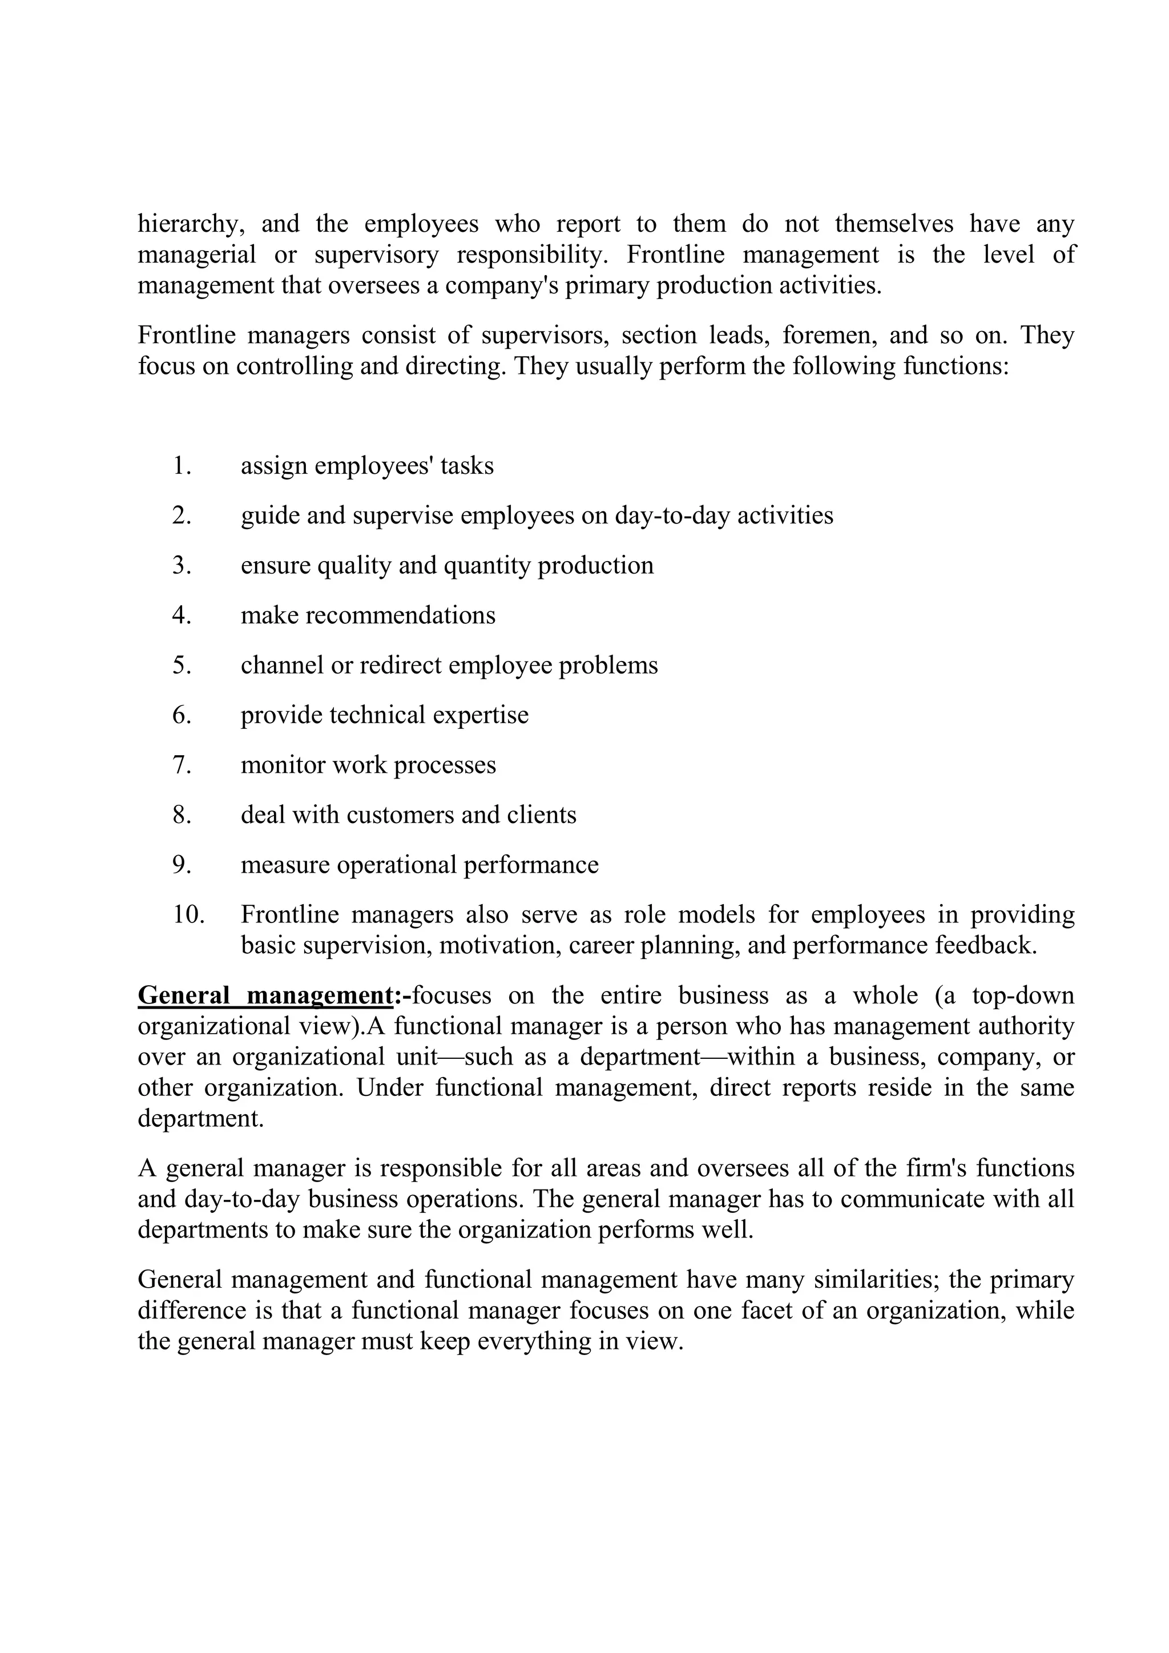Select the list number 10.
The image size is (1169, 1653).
pyautogui.click(x=188, y=914)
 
